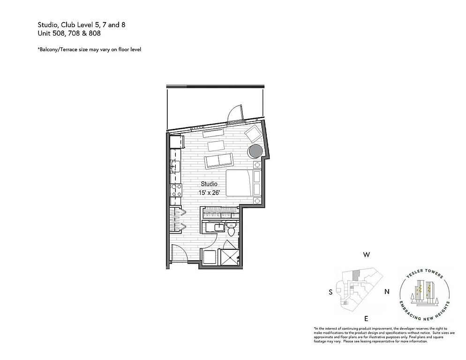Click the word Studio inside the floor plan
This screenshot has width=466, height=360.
point(209,184)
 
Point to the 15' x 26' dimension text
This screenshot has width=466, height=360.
point(209,193)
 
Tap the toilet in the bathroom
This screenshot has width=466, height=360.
point(231,230)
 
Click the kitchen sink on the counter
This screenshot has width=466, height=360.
point(175,167)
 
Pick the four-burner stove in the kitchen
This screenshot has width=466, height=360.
point(176,190)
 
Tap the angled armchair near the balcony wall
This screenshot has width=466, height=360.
point(253,134)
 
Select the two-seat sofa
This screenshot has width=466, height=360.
point(219,161)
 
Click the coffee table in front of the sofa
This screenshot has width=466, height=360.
point(217,146)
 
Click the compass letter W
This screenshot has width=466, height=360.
point(367,255)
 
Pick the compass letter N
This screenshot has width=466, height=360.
point(387,292)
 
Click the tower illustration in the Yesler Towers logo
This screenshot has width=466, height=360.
point(425,292)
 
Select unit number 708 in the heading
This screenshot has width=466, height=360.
point(74,33)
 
